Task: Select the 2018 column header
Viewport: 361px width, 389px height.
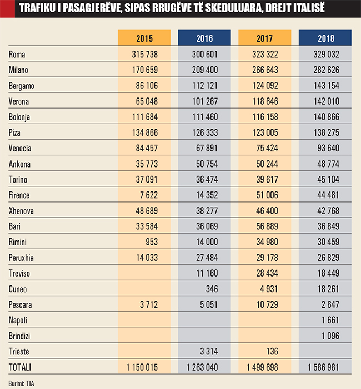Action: coord(325,38)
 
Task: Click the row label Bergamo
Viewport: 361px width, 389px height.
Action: coord(22,86)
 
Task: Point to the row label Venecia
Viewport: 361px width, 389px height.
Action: coord(21,149)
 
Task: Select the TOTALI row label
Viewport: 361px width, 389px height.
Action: coord(21,367)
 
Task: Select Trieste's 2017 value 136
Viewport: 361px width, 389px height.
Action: coord(272,352)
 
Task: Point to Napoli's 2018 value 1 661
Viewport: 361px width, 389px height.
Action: coord(330,321)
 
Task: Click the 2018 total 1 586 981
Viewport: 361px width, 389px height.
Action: coord(323,367)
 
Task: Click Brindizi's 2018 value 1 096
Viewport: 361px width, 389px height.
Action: coord(330,336)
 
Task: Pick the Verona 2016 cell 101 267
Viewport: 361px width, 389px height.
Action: coord(204,102)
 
